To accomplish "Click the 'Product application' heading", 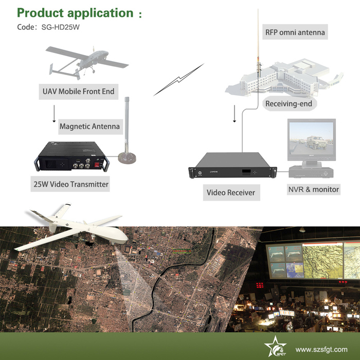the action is (x=75, y=13).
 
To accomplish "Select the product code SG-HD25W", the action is (x=60, y=27).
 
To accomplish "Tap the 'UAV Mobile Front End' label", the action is (x=79, y=92).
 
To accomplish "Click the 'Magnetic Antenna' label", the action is (x=90, y=127).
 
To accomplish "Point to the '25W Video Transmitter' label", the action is (x=71, y=184).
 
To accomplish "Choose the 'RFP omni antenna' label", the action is (x=295, y=32).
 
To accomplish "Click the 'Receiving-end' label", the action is (x=289, y=104).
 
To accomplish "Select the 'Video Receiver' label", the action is (x=231, y=192).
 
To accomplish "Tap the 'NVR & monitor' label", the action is (x=314, y=189).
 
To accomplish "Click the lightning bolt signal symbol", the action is (x=178, y=79).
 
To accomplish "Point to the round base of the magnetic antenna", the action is (x=127, y=158).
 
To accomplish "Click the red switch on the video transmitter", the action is (x=97, y=165).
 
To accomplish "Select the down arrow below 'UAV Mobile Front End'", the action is (x=54, y=114).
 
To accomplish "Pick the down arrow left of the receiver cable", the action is (x=235, y=114).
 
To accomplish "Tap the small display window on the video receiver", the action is (x=246, y=172).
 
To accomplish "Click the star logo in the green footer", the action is (x=276, y=346).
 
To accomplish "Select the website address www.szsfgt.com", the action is (x=321, y=349).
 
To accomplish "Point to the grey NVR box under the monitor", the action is (x=311, y=172).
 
